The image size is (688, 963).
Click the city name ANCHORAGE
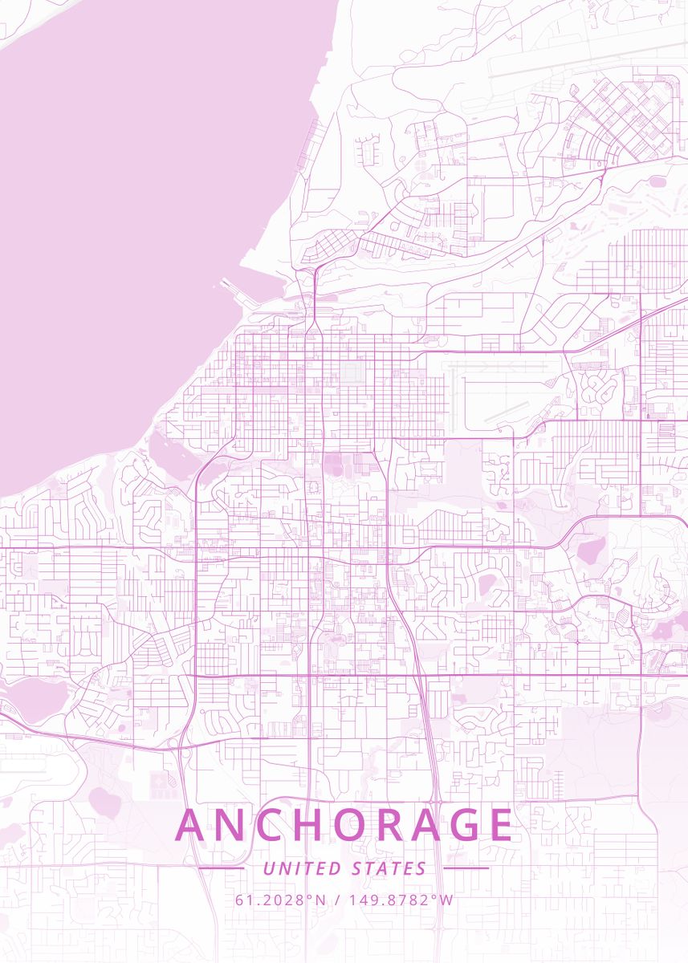coord(344,825)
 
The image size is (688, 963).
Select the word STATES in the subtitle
coord(389,868)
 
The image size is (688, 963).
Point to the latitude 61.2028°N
coord(281,900)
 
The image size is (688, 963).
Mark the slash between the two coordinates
coord(337,900)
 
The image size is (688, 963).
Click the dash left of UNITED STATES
coord(221,868)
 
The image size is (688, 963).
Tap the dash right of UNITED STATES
coord(466,868)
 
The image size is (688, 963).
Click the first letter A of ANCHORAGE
coord(191,825)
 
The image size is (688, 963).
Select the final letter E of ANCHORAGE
coord(500,825)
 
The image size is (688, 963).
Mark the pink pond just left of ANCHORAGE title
coord(104,798)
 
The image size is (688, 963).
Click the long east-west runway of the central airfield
coord(498,378)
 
